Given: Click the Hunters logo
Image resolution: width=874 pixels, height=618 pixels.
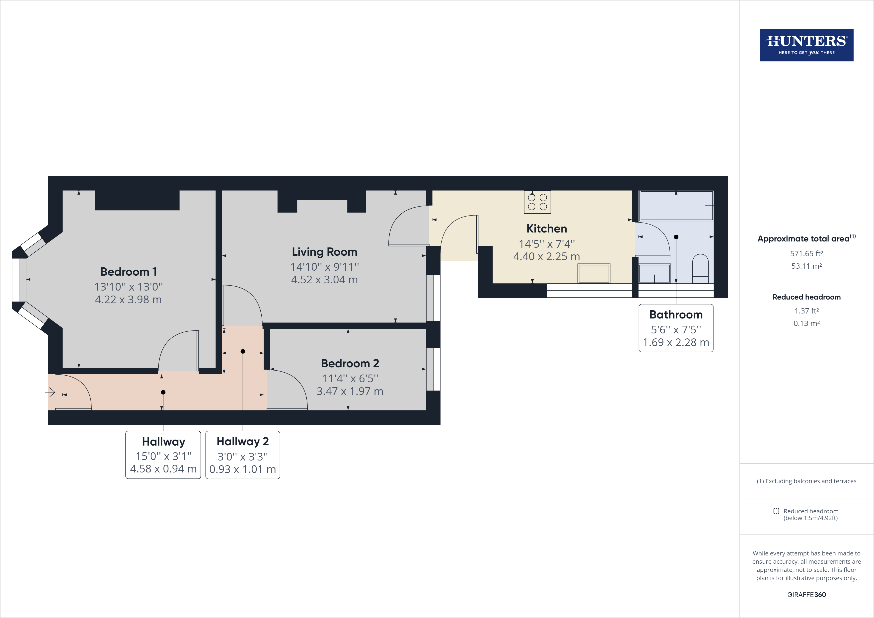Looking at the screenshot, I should tap(806, 45).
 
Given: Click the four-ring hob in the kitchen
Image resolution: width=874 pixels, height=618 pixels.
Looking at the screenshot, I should tap(537, 202).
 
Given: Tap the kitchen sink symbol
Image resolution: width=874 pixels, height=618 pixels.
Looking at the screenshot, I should tap(594, 273).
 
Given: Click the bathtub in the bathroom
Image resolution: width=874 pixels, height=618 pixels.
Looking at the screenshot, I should tap(676, 206).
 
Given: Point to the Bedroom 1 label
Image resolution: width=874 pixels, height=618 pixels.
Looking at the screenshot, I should tap(128, 271).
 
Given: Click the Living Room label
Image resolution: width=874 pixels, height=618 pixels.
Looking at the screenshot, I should tap(324, 252).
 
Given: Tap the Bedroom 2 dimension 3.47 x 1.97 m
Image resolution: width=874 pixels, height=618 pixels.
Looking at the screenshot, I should tap(350, 391).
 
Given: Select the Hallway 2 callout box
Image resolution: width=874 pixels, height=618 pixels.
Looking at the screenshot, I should tap(242, 455).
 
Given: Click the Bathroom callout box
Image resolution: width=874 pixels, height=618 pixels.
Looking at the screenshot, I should tap(676, 328).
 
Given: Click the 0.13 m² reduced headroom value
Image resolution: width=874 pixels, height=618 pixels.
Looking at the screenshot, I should tap(806, 323).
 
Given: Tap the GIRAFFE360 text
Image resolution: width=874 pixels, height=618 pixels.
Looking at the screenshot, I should tap(806, 594).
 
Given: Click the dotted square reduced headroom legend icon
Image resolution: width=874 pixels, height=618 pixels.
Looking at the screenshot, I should tap(776, 511).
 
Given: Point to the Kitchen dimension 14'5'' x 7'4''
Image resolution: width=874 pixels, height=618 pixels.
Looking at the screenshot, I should tap(547, 244).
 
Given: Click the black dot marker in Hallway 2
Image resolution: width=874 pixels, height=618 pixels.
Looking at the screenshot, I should tap(243, 351).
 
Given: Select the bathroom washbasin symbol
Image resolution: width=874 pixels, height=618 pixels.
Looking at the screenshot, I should tap(654, 273).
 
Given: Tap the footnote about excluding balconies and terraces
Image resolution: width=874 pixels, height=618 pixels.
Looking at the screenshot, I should tap(806, 481).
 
